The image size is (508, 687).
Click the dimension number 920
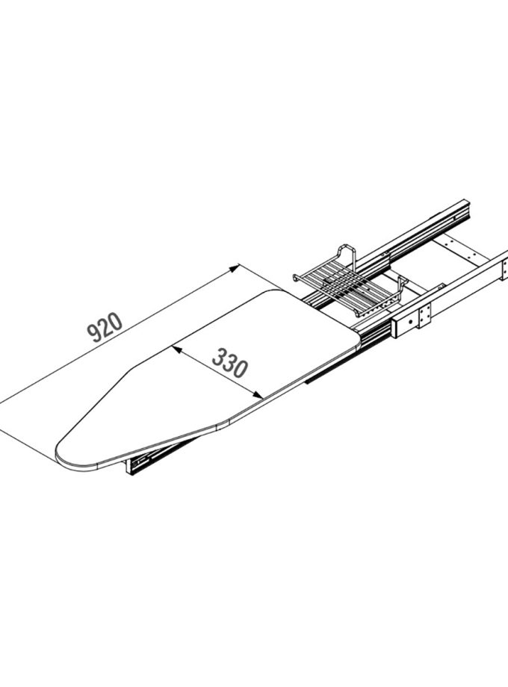[x=105, y=327]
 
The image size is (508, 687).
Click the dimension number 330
[x=230, y=363]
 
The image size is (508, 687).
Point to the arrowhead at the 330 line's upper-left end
[x=176, y=349]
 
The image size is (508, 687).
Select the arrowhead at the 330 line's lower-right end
[x=258, y=395]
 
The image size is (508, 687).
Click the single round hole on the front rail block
[x=409, y=321]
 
